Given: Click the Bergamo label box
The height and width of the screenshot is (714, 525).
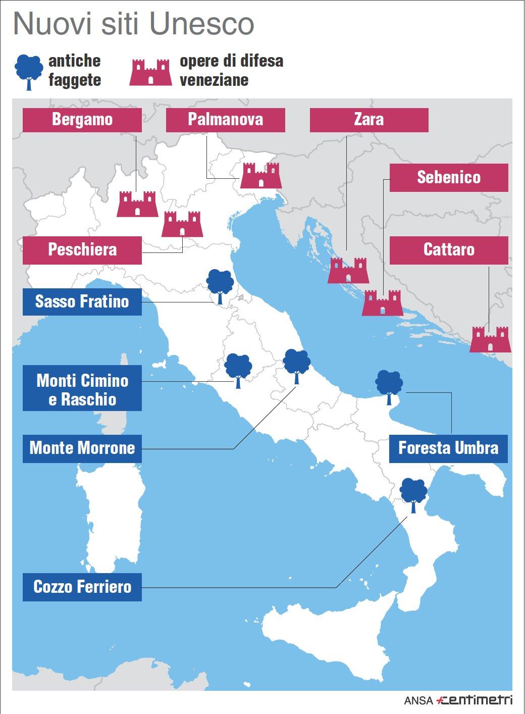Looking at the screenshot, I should pyautogui.click(x=82, y=120).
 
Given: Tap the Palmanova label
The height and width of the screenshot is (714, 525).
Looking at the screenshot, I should pyautogui.click(x=225, y=120).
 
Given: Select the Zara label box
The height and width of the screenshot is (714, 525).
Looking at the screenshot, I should pyautogui.click(x=369, y=120).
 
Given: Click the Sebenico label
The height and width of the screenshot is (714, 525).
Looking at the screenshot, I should pyautogui.click(x=448, y=177).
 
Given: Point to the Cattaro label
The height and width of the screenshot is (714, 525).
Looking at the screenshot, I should pyautogui.click(x=448, y=249).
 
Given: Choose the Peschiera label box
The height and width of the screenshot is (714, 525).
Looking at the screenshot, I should pyautogui.click(x=82, y=249).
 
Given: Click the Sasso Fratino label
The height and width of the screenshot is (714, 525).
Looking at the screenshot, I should pyautogui.click(x=82, y=301).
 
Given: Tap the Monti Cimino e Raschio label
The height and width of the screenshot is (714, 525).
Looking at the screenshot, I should pyautogui.click(x=82, y=390).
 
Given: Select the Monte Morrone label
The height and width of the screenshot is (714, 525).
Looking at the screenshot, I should pyautogui.click(x=82, y=448).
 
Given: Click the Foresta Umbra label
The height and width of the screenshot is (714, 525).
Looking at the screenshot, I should pyautogui.click(x=448, y=448).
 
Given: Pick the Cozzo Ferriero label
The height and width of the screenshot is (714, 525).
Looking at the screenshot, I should pyautogui.click(x=82, y=587).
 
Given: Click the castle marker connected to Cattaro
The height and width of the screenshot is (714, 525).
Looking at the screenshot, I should pyautogui.click(x=490, y=339).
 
